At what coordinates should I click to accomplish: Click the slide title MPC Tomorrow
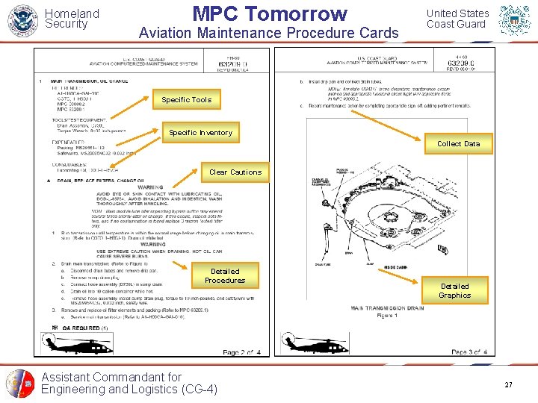point(270,13)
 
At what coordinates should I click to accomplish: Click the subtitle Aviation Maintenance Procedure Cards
point(269,33)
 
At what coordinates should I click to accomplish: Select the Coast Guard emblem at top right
point(516,20)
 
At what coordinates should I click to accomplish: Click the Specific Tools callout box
point(186,99)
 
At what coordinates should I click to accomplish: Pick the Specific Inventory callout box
point(200,133)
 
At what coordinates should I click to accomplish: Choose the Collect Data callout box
point(458,143)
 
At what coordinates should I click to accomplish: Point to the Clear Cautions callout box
point(235,172)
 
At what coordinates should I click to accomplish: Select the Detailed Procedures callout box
point(225,276)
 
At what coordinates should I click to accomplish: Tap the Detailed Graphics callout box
point(454,290)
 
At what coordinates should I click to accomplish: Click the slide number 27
point(508,384)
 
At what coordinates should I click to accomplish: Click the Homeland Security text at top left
point(72,19)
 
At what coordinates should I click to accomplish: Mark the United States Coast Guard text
point(457,19)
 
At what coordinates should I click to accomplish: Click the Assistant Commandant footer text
point(129,383)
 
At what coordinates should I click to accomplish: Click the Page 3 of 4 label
point(469,352)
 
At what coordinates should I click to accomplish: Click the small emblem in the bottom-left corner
point(20,384)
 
